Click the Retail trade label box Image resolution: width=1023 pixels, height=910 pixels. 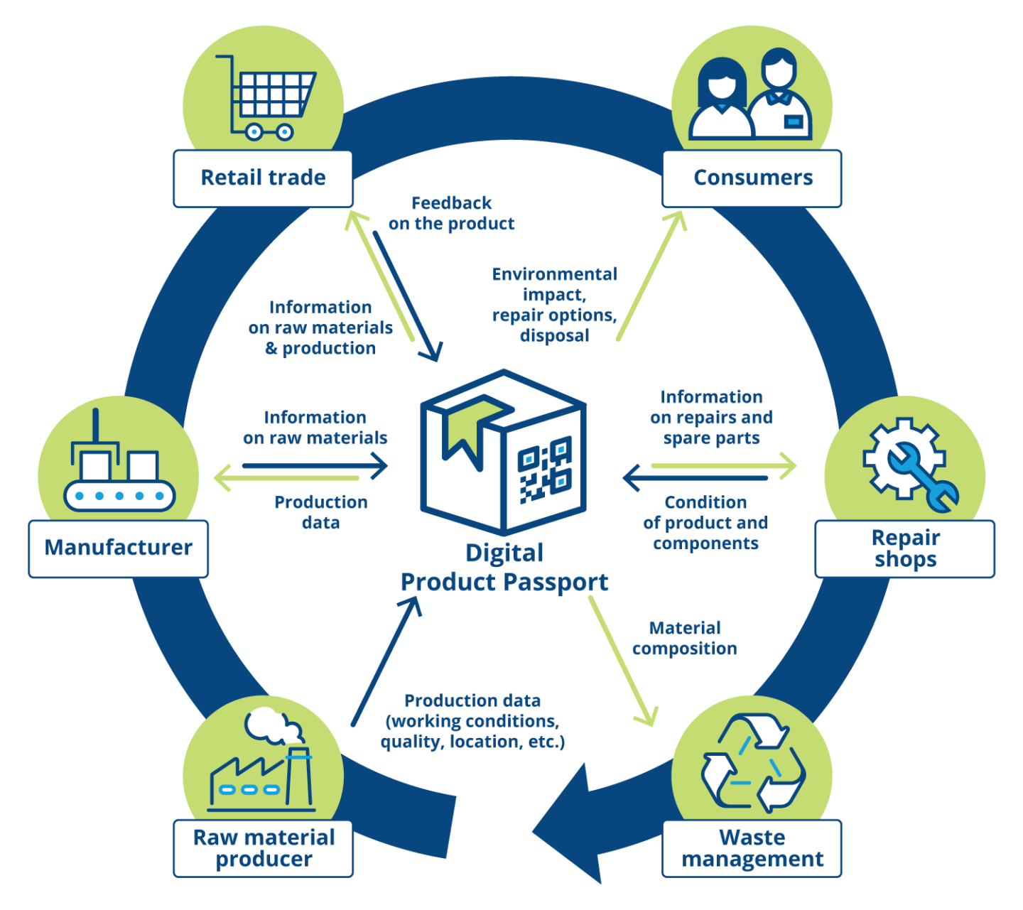(x=263, y=178)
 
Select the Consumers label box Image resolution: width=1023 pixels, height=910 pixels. (x=752, y=178)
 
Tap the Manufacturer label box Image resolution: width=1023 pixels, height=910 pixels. (x=118, y=548)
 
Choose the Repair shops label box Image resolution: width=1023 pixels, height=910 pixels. (x=905, y=548)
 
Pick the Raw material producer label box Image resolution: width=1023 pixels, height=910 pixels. (x=263, y=848)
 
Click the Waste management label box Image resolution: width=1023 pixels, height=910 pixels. (x=752, y=848)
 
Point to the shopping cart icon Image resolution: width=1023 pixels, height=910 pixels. (x=266, y=97)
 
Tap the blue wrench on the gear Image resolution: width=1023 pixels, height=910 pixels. (x=923, y=477)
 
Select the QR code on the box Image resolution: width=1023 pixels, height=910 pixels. (x=545, y=470)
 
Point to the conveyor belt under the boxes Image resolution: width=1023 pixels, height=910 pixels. (x=119, y=496)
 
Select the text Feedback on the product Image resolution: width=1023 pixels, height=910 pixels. (x=451, y=213)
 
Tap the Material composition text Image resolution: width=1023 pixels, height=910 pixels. (x=685, y=638)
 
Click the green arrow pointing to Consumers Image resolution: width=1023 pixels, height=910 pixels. (x=650, y=275)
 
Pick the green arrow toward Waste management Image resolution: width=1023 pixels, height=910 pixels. (x=623, y=661)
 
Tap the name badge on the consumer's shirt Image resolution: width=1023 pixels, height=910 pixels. (x=794, y=121)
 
